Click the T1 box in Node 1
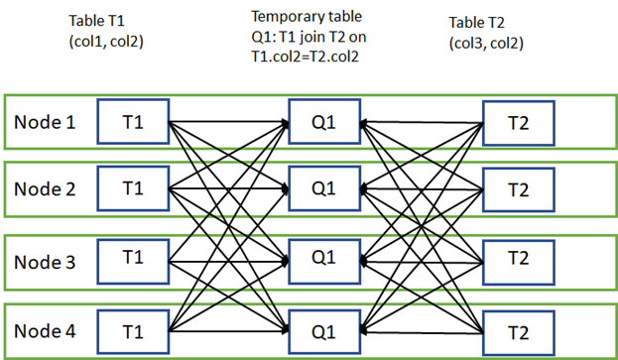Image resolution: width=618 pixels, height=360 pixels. [133, 122]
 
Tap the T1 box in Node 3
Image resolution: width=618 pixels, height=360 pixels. [133, 256]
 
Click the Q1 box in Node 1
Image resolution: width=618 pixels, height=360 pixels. [322, 122]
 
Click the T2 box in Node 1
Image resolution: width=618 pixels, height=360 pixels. [517, 122]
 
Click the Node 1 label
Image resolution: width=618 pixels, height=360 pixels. [45, 123]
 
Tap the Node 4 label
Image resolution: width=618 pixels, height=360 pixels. [45, 328]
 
